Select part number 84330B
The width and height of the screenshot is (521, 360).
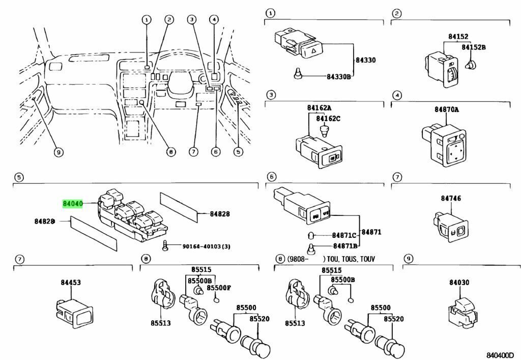click(338, 77)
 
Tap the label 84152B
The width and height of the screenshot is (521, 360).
click(474, 47)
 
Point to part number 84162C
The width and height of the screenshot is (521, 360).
click(328, 119)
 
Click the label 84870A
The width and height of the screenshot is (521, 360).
click(446, 109)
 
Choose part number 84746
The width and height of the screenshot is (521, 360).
click(447, 198)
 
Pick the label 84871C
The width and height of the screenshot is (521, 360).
click(344, 236)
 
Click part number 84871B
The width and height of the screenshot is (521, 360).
click(344, 246)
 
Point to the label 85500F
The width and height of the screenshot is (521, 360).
click(221, 287)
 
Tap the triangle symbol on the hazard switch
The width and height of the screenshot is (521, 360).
click(314, 50)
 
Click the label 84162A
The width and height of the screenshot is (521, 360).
click(319, 108)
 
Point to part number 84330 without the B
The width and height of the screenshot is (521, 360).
click(365, 60)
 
